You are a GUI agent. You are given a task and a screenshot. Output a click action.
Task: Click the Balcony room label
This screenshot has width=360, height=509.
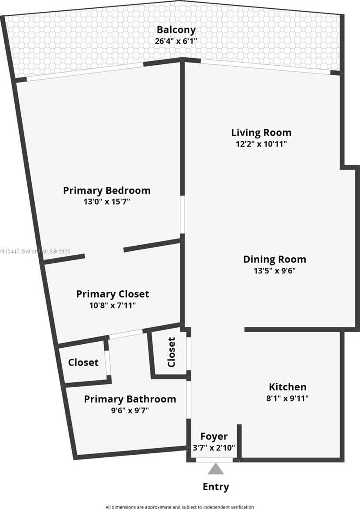click(176, 30)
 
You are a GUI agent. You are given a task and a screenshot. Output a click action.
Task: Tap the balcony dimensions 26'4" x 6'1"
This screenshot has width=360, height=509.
click(176, 42)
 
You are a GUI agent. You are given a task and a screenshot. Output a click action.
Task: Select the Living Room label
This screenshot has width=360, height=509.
click(261, 133)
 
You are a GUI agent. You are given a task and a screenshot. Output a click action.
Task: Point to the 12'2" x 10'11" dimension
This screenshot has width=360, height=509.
click(261, 144)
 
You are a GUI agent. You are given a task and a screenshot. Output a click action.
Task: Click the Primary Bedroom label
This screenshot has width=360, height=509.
click(107, 190)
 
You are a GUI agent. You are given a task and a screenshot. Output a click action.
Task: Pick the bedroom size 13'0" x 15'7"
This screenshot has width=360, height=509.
click(107, 202)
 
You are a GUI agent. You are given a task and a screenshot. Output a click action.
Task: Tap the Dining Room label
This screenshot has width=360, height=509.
click(274, 259)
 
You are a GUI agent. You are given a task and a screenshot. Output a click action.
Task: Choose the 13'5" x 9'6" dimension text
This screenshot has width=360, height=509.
click(274, 271)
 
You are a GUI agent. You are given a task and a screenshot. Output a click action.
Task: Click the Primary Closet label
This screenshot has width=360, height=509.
click(112, 294)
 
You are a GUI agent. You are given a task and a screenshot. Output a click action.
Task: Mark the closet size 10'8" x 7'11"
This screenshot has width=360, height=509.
click(112, 306)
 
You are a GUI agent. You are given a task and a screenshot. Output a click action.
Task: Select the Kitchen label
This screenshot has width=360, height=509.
click(287, 387)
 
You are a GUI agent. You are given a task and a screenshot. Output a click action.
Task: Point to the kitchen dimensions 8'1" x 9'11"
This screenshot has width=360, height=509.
click(287, 398)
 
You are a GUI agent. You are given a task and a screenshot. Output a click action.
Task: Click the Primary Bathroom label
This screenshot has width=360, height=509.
click(130, 399)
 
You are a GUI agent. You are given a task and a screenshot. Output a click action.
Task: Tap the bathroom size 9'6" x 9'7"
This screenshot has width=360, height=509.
click(130, 410)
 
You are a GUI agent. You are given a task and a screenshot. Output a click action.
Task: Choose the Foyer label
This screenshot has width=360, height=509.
click(214, 436)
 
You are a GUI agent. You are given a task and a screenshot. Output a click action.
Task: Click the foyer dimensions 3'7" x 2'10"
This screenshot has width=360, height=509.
click(214, 447)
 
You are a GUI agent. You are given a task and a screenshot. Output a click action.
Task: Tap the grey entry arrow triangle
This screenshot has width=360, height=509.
click(215, 469)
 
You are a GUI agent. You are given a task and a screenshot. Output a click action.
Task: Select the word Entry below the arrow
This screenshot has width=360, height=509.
click(216, 487)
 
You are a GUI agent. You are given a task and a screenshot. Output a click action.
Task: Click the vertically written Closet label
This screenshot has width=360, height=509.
click(172, 352)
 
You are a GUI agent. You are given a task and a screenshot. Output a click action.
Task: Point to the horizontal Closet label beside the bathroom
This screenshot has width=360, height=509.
click(83, 363)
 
